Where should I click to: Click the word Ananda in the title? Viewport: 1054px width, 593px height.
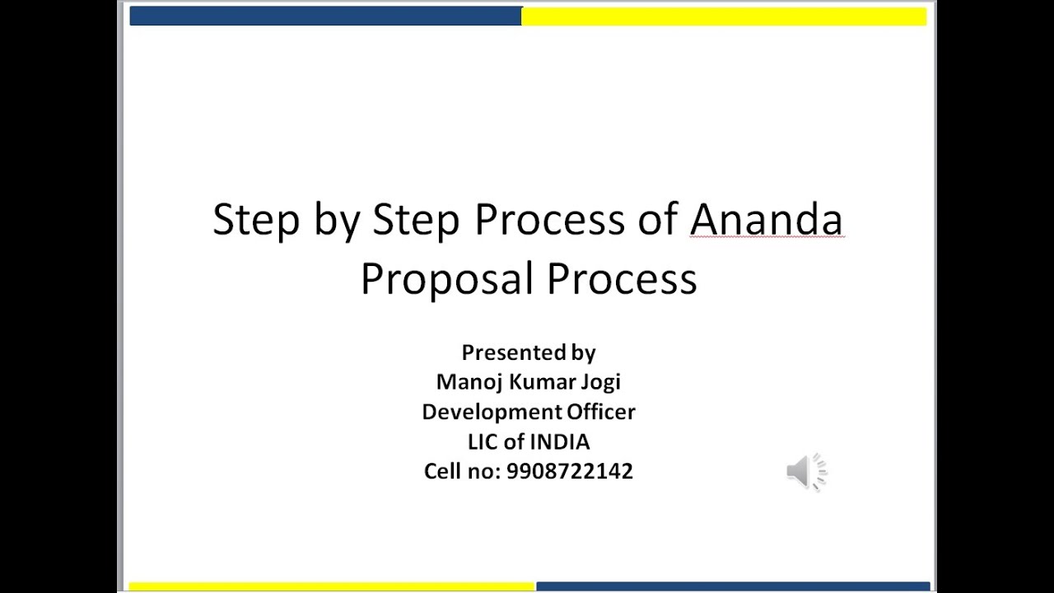point(766,220)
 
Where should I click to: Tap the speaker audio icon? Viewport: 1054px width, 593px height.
point(805,472)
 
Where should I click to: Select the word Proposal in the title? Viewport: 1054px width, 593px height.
point(448,279)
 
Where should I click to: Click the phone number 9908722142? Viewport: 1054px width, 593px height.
point(570,472)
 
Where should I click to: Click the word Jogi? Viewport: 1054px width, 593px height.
point(602,382)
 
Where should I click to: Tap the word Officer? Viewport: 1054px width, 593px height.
point(600,412)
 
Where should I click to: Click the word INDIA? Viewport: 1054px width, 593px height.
point(559,442)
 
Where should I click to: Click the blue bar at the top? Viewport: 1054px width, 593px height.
point(325,16)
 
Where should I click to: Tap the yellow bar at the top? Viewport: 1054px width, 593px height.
point(723,16)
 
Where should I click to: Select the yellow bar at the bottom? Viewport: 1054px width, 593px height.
point(332,586)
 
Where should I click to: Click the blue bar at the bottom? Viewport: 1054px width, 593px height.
point(733,586)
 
